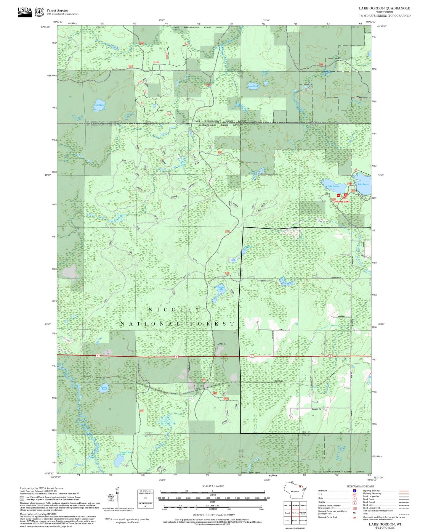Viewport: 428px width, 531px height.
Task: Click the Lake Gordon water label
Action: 333,186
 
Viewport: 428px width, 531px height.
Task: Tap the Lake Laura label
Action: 363,184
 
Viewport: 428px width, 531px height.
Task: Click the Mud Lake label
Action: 100,105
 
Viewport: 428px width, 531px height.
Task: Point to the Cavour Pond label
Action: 104,388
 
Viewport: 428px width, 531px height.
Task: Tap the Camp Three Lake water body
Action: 119,460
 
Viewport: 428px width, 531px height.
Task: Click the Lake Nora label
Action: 253,86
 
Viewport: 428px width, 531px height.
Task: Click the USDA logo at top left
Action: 25,12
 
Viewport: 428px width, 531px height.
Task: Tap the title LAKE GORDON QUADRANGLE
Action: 384,8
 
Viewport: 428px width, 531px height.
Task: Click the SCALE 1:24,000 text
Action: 212,486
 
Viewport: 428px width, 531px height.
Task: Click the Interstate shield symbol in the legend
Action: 354,491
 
